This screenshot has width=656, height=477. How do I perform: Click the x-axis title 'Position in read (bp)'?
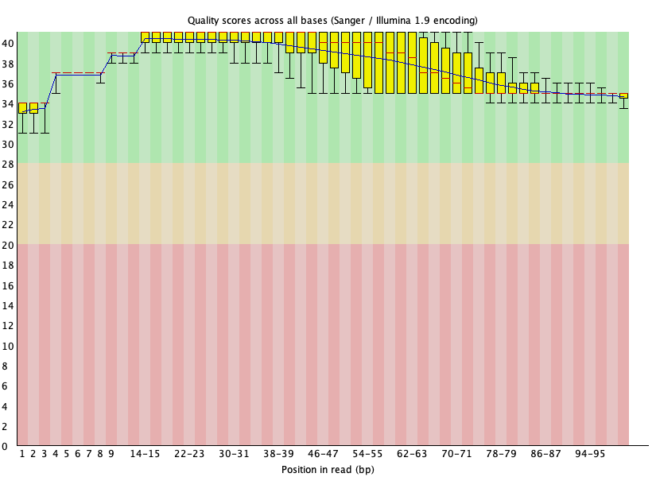(328, 469)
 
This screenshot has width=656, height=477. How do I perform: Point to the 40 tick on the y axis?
(8, 43)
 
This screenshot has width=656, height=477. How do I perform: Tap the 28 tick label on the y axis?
(8, 164)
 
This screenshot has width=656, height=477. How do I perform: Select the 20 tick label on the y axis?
(8, 245)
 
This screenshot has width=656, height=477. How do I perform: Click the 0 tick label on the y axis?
(8, 447)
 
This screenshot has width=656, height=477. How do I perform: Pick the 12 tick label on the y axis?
(8, 326)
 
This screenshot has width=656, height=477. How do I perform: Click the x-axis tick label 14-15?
(145, 453)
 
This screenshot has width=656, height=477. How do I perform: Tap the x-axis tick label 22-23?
(189, 453)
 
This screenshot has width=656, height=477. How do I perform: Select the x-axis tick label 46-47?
(323, 453)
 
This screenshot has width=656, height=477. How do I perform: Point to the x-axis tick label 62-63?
(412, 453)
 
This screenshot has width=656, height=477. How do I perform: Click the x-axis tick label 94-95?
(590, 453)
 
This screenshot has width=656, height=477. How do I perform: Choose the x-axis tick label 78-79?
(501, 453)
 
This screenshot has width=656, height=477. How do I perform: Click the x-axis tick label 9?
(111, 453)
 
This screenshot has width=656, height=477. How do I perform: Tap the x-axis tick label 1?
(22, 453)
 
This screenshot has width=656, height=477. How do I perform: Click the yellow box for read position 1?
(22, 107)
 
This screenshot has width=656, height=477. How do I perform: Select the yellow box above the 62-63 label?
(412, 64)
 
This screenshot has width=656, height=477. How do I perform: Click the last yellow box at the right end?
(623, 95)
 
